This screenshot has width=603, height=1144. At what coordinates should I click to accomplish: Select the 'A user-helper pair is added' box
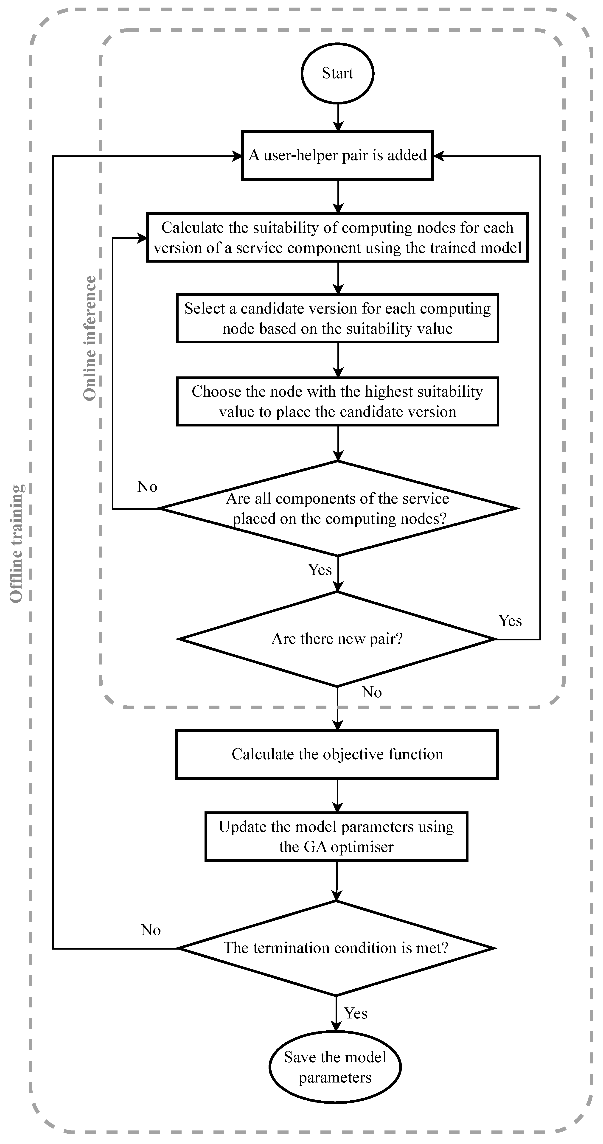(337, 155)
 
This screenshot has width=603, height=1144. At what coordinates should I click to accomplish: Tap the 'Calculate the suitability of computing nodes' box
(337, 238)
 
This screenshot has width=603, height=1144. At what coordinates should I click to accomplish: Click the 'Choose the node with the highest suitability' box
(337, 401)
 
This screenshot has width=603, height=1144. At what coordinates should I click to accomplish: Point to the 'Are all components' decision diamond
(337, 508)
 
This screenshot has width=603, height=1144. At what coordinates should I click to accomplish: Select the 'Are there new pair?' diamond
(337, 639)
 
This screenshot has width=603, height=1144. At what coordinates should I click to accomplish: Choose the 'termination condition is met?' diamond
(336, 948)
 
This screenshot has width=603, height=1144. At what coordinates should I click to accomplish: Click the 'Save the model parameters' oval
(335, 1067)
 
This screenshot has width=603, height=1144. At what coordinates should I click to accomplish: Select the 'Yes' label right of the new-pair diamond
(510, 621)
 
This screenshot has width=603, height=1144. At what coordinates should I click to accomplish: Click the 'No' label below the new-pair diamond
(372, 692)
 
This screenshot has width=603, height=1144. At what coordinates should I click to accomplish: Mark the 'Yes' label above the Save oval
(356, 1013)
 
